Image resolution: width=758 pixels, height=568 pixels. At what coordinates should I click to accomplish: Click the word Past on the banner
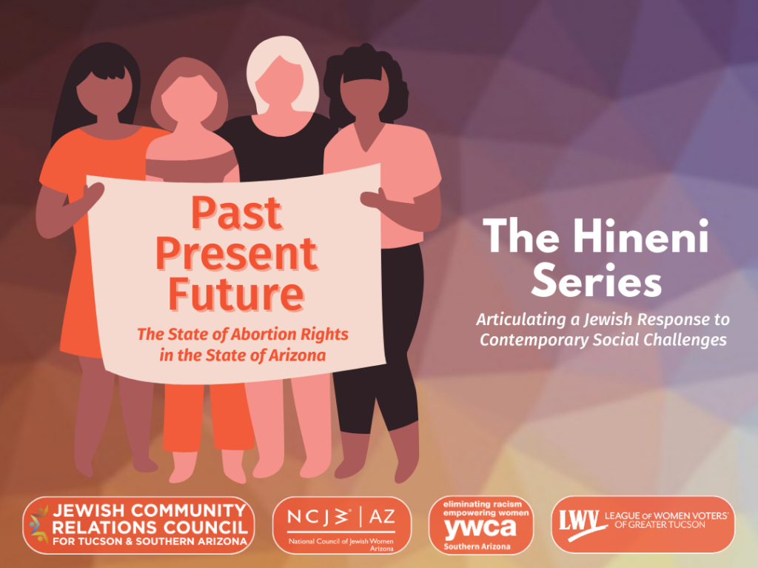click(x=236, y=213)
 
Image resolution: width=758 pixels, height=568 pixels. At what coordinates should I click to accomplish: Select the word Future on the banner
click(x=236, y=294)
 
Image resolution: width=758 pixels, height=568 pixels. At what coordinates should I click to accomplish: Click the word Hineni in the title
click(x=640, y=236)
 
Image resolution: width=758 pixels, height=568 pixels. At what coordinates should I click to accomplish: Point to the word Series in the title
click(x=596, y=281)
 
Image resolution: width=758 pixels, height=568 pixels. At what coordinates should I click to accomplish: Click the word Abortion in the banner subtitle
click(x=264, y=334)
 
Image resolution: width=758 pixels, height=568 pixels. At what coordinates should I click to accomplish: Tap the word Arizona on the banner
click(x=297, y=355)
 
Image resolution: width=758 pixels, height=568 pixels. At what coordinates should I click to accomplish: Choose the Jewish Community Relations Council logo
click(x=138, y=526)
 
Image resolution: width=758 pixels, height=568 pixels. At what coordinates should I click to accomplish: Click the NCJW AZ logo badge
click(x=342, y=526)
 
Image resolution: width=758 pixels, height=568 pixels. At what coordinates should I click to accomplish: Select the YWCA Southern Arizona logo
click(x=481, y=526)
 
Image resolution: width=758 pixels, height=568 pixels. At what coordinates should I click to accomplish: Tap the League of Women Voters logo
click(x=643, y=524)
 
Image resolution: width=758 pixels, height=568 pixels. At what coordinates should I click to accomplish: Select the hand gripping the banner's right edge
click(x=374, y=198)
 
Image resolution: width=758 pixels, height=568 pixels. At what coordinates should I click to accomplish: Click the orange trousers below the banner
click(x=208, y=417)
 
